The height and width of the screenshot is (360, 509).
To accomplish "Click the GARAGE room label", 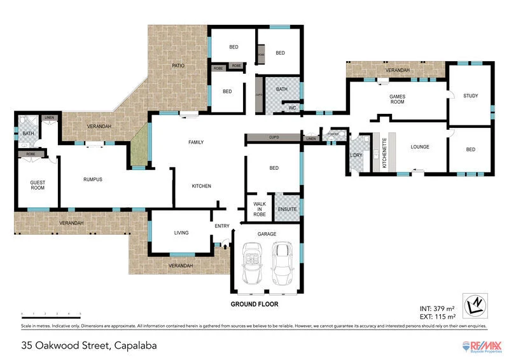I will click(267, 234).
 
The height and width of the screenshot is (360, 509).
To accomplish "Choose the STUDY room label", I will click(470, 96).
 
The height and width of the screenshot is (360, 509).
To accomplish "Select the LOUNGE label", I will click(420, 147).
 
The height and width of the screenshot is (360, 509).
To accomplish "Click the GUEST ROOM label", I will click(38, 186).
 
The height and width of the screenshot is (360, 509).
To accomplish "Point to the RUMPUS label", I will click(93, 179).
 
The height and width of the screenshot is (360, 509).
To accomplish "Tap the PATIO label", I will click(179, 66).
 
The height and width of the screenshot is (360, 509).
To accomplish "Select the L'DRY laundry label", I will click(356, 156).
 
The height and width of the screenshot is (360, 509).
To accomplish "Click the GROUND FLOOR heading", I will click(254, 304).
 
